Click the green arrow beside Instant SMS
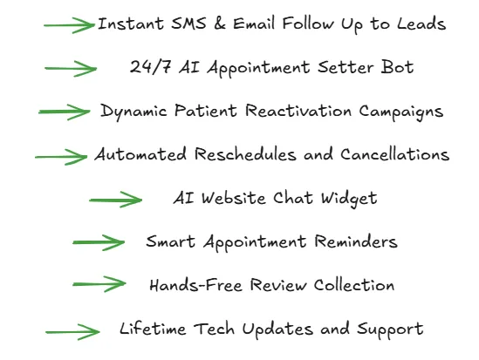click(x=69, y=25)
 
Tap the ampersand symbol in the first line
click(x=220, y=24)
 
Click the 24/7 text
click(x=150, y=67)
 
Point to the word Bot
click(x=397, y=67)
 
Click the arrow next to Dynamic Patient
click(x=65, y=112)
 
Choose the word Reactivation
click(x=298, y=111)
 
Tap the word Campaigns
click(x=400, y=112)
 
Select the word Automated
click(x=140, y=154)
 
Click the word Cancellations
click(x=394, y=154)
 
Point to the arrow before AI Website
click(x=116, y=200)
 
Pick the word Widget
click(x=349, y=200)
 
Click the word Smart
click(x=170, y=241)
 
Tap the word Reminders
click(x=356, y=241)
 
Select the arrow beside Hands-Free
click(x=99, y=284)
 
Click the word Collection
click(x=354, y=285)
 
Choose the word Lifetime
click(x=153, y=329)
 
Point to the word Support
click(x=390, y=329)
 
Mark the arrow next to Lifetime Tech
click(x=72, y=332)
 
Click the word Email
click(x=254, y=24)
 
